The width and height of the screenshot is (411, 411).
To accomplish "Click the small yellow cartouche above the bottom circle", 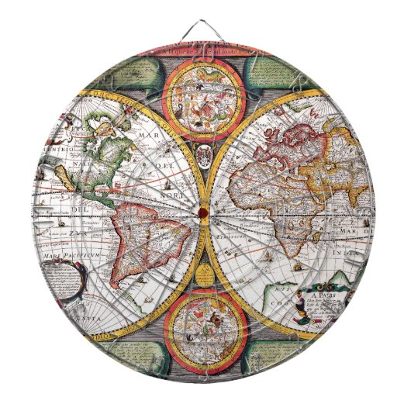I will coord(203,271).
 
